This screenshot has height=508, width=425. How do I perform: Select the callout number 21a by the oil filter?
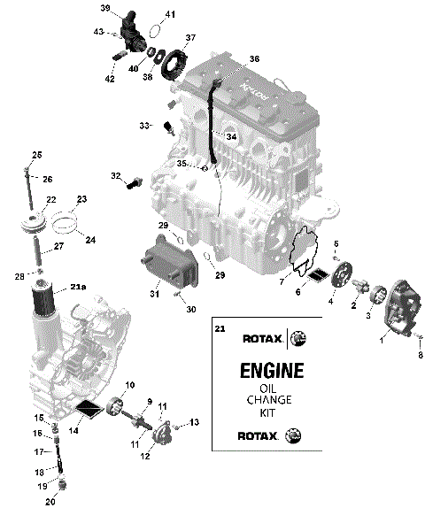click(x=79, y=287)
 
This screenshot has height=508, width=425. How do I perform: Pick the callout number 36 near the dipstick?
click(x=255, y=59)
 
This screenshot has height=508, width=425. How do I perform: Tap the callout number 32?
click(x=115, y=176)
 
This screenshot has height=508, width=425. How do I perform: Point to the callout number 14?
click(x=73, y=430)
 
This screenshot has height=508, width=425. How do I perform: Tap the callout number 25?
click(x=37, y=156)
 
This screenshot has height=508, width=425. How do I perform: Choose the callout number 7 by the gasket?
click(x=282, y=281)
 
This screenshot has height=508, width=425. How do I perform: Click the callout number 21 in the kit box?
click(x=220, y=328)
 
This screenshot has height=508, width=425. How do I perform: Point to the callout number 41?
click(x=170, y=15)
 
